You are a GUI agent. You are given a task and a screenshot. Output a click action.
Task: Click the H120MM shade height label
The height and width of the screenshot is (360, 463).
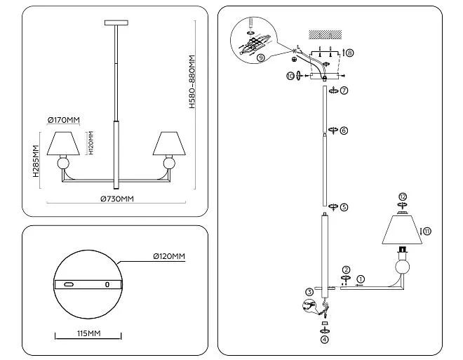click(x=90, y=144)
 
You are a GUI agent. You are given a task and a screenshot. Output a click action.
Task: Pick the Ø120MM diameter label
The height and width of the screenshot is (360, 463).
click(x=169, y=257)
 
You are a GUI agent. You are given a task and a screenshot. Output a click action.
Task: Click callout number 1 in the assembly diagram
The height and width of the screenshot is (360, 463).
click(x=361, y=279)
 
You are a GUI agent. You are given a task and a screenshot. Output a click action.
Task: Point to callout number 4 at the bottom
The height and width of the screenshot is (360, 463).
click(x=324, y=340)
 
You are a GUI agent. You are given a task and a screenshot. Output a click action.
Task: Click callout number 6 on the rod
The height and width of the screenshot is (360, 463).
click(x=344, y=131)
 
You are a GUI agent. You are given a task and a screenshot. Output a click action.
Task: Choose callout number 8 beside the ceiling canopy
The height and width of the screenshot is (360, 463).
click(x=350, y=53)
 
